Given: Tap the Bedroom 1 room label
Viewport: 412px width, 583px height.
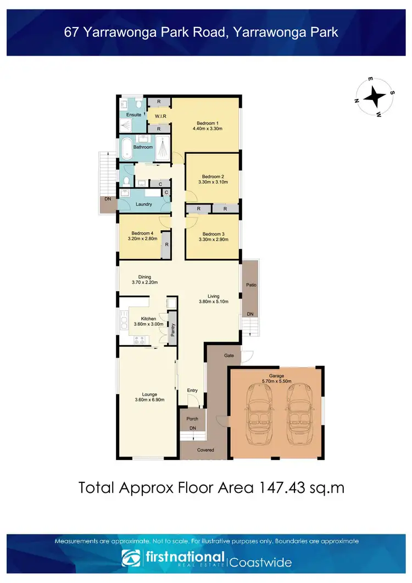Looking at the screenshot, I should click(x=207, y=123).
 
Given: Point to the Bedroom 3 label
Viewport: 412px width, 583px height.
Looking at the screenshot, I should click(x=211, y=234).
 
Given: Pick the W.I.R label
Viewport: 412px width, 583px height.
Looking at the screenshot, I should click(x=160, y=116).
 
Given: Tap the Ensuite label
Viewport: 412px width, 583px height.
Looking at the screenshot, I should click(x=134, y=115).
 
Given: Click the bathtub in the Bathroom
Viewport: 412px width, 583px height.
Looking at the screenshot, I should click(x=126, y=148).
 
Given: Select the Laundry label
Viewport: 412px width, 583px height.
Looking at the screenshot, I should click(x=144, y=204).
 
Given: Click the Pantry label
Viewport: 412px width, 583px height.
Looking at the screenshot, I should click(x=172, y=329).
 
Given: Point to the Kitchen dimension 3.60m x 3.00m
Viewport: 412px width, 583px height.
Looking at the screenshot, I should click(x=145, y=324).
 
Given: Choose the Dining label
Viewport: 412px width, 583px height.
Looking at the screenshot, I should click(x=145, y=277).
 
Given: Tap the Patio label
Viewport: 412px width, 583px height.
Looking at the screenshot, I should click(x=251, y=285).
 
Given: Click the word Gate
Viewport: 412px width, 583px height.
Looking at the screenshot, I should click(x=229, y=356).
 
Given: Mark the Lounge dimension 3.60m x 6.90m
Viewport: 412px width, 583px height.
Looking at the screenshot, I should click(x=149, y=399).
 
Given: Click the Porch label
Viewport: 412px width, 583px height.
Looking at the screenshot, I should click(x=192, y=419).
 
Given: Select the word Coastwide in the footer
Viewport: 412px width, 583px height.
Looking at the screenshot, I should click(x=260, y=563).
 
